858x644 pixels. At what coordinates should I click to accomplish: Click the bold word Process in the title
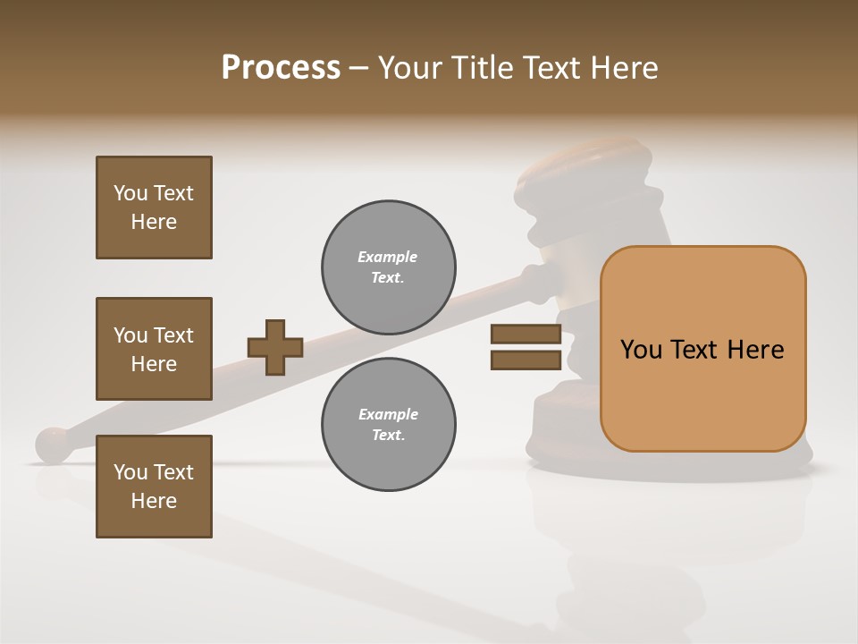tap(281, 68)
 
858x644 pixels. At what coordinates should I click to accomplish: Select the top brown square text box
tap(154, 208)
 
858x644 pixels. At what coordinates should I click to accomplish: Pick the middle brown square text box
tap(154, 349)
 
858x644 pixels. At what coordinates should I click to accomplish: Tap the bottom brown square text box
tap(154, 486)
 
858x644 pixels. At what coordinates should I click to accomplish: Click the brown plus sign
tap(275, 347)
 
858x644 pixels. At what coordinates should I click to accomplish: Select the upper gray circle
tap(388, 267)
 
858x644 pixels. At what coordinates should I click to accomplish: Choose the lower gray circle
tap(388, 425)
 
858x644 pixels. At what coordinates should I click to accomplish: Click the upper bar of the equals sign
tap(526, 335)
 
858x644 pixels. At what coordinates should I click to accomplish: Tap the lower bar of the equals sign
tap(526, 360)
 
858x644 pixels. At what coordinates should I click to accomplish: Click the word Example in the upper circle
tap(388, 257)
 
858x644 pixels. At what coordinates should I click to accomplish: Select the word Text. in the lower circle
tap(388, 436)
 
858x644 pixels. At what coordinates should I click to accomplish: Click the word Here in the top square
tap(154, 222)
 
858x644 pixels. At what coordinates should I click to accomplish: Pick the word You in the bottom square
tap(130, 472)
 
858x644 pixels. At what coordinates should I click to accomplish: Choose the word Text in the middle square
tap(173, 335)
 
